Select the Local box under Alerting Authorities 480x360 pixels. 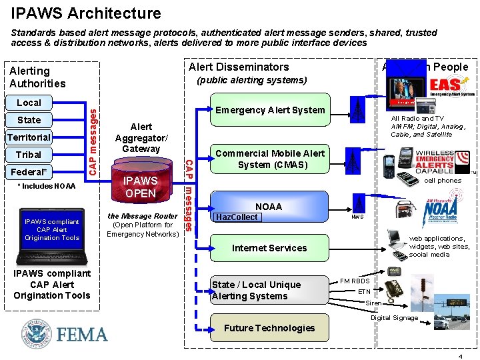pyautogui.click(x=29, y=103)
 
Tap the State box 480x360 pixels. pyautogui.click(x=29, y=120)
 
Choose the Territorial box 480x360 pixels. pyautogui.click(x=29, y=137)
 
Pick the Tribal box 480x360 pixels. pyautogui.click(x=29, y=155)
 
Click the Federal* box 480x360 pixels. pyautogui.click(x=29, y=171)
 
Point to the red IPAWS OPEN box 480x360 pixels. pyautogui.click(x=141, y=187)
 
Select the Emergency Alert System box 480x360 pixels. pyautogui.click(x=269, y=110)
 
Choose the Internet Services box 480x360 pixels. pyautogui.click(x=269, y=248)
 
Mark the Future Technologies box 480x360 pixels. pyautogui.click(x=269, y=328)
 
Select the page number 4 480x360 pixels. pyautogui.click(x=461, y=356)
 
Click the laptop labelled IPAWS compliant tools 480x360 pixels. pyautogui.click(x=51, y=233)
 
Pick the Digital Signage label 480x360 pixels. pyautogui.click(x=395, y=318)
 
